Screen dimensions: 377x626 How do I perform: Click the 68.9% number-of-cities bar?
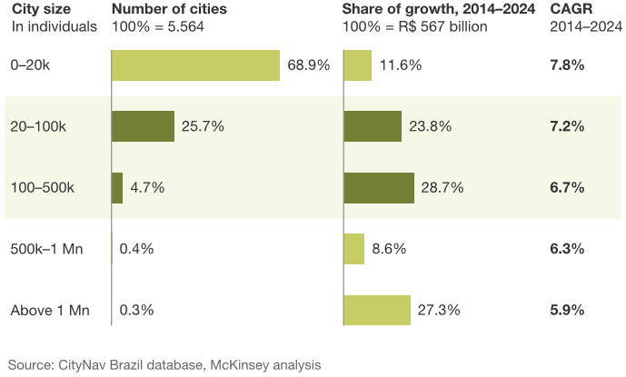pos(195,65)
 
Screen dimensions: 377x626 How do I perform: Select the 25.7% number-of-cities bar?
pos(143,126)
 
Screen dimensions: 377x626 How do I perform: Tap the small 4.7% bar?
pos(117,187)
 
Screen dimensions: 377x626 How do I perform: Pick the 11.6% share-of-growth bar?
pos(358,65)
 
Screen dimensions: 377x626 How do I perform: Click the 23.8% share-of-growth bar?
pos(373,126)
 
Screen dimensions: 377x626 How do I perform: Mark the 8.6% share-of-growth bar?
pos(354,248)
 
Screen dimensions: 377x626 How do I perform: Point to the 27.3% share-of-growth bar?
pos(377,309)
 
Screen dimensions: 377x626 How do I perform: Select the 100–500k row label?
pos(42,187)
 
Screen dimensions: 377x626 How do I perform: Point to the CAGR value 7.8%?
pos(567,65)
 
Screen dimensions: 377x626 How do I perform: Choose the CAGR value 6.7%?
pos(567,187)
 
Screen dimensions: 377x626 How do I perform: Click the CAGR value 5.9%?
pos(567,310)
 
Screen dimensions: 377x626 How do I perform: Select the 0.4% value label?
pos(136,248)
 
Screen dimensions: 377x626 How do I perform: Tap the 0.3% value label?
pos(136,310)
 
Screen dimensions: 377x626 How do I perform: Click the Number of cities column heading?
pos(169,10)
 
